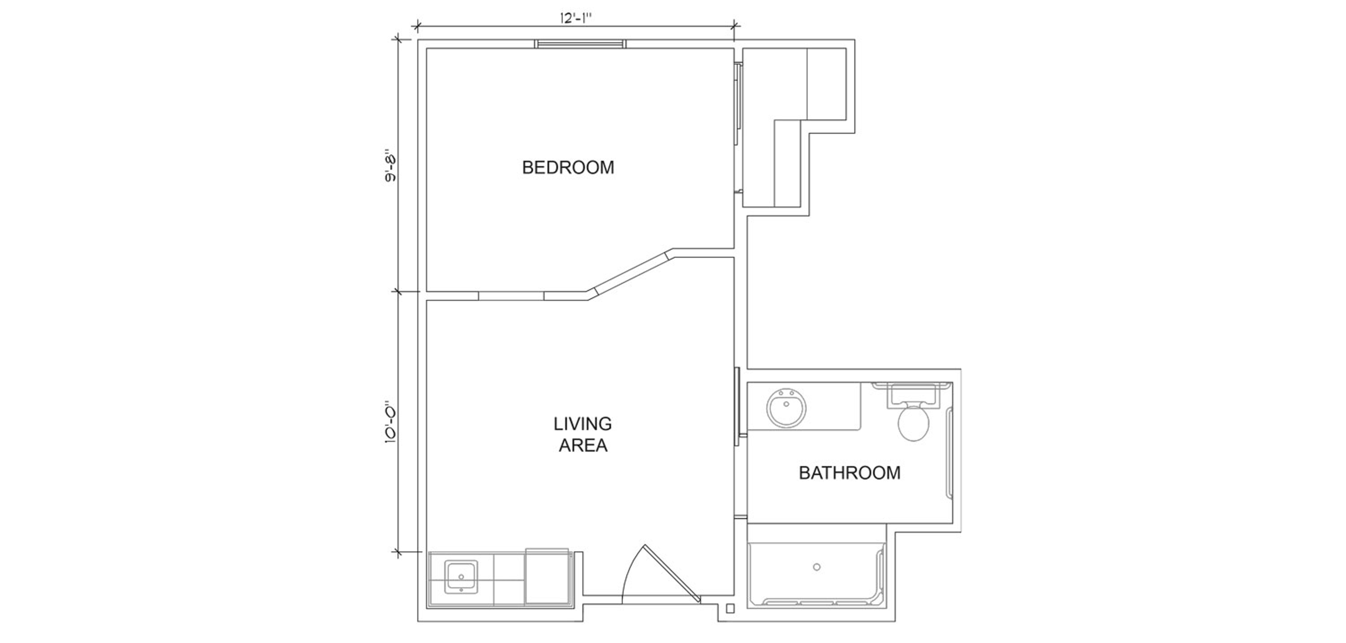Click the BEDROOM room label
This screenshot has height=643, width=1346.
click(x=568, y=167)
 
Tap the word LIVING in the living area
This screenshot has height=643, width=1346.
click(x=583, y=423)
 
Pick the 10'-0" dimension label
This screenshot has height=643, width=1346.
click(x=390, y=422)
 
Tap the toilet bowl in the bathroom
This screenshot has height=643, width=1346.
click(x=913, y=422)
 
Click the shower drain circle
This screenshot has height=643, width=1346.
click(x=817, y=567)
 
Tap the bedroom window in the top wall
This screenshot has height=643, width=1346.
click(x=580, y=44)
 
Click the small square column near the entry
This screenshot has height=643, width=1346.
click(x=730, y=609)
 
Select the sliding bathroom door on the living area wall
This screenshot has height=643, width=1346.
click(x=737, y=406)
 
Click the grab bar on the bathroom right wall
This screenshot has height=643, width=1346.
click(x=950, y=452)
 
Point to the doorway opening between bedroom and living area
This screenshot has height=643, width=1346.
click(x=511, y=296)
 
